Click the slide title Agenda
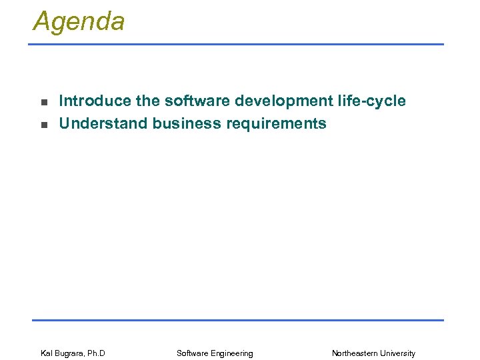[x=79, y=21]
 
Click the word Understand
[x=103, y=123]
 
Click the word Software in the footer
[x=193, y=353]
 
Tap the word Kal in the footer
[x=47, y=353]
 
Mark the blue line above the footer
[x=237, y=320]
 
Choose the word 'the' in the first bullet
[x=148, y=101]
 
